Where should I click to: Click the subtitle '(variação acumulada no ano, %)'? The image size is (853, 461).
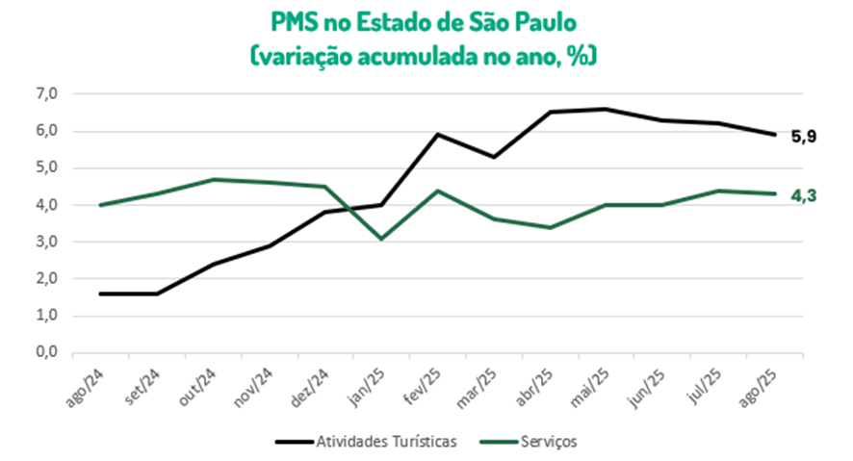pos(426,55)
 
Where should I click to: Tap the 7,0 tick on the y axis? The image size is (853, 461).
pos(47,93)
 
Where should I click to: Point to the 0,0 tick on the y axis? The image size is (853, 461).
pos(47,352)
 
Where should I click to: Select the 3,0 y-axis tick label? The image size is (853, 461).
pos(47,242)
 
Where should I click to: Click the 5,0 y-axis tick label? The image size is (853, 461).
pos(47,167)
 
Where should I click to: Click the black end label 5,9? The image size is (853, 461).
pos(804,136)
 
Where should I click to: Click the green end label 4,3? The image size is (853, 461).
pos(804,195)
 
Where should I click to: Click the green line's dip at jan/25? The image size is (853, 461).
pos(381,238)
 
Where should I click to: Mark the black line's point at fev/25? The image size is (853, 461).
pos(438,134)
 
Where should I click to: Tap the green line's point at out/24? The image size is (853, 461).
pos(213,179)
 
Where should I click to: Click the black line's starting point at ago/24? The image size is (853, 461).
pos(100,294)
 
